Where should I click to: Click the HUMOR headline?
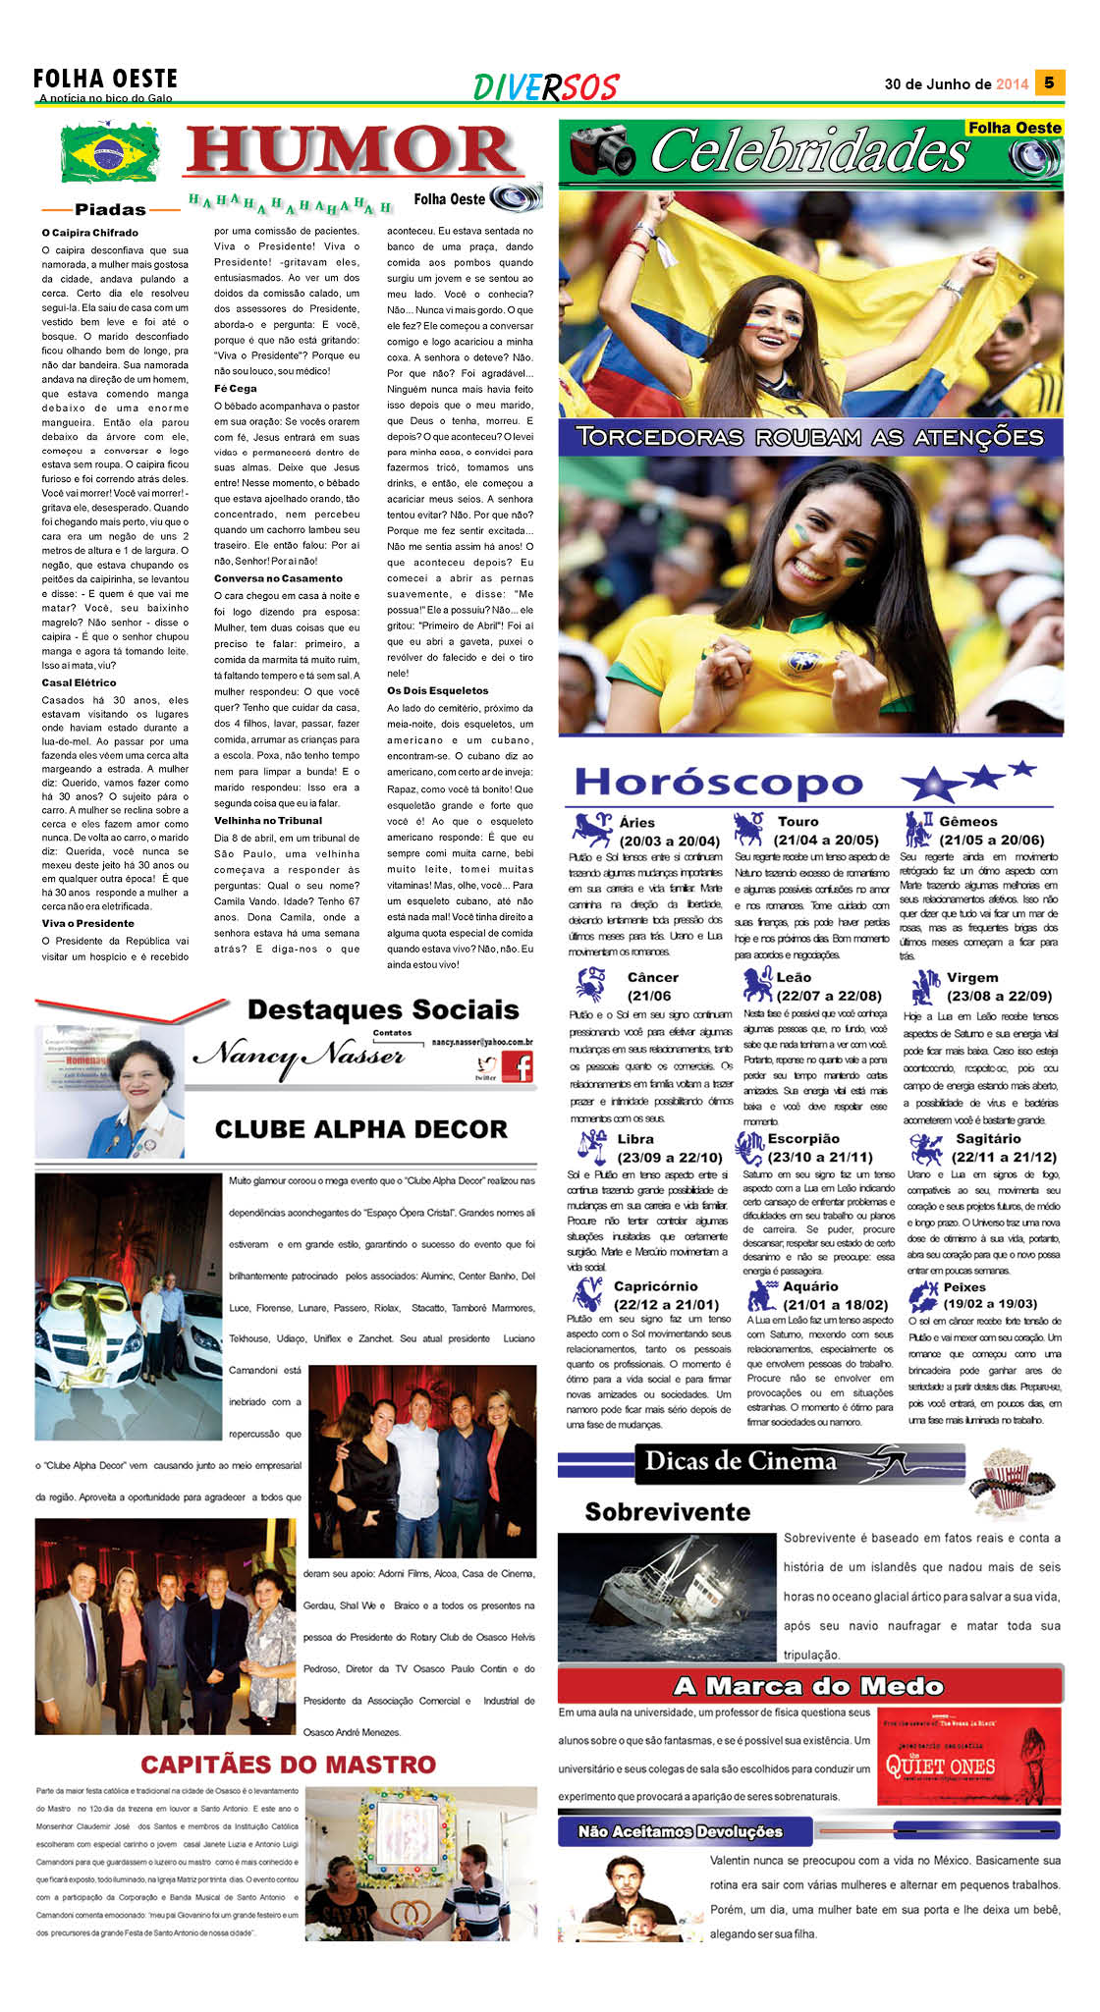(352, 151)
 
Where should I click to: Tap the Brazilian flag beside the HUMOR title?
(109, 152)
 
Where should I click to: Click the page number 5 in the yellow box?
(1049, 82)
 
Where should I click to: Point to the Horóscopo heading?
(718, 783)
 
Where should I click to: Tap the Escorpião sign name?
(803, 1139)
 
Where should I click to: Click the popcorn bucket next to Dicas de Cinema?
(1009, 1480)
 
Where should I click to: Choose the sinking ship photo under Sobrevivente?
(667, 1597)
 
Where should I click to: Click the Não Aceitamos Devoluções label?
(680, 1831)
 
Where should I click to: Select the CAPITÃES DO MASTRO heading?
(288, 1765)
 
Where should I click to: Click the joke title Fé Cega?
(236, 389)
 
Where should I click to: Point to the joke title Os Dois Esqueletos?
(437, 690)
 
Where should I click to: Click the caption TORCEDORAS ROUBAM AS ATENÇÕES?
(809, 437)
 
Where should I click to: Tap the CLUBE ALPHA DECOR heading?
(360, 1129)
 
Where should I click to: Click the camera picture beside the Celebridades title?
(602, 150)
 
